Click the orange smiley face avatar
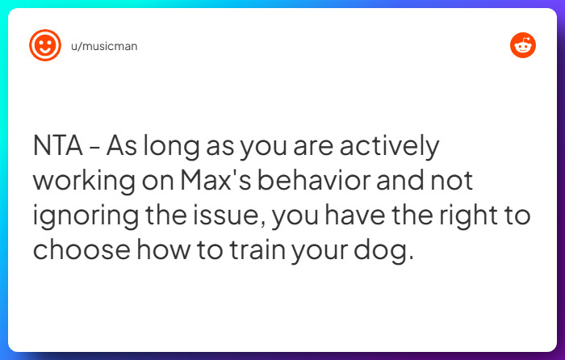(45, 45)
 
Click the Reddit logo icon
(523, 45)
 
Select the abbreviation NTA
(59, 148)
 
